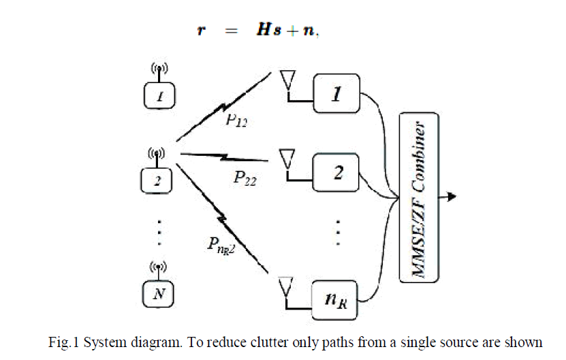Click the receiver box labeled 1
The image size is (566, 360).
coord(336,93)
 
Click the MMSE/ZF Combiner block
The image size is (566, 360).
coord(418,198)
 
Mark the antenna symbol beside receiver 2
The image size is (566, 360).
coord(288,162)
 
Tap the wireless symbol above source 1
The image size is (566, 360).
coord(159,69)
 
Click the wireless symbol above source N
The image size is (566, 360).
coord(159,267)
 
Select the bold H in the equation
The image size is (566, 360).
coord(262,31)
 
